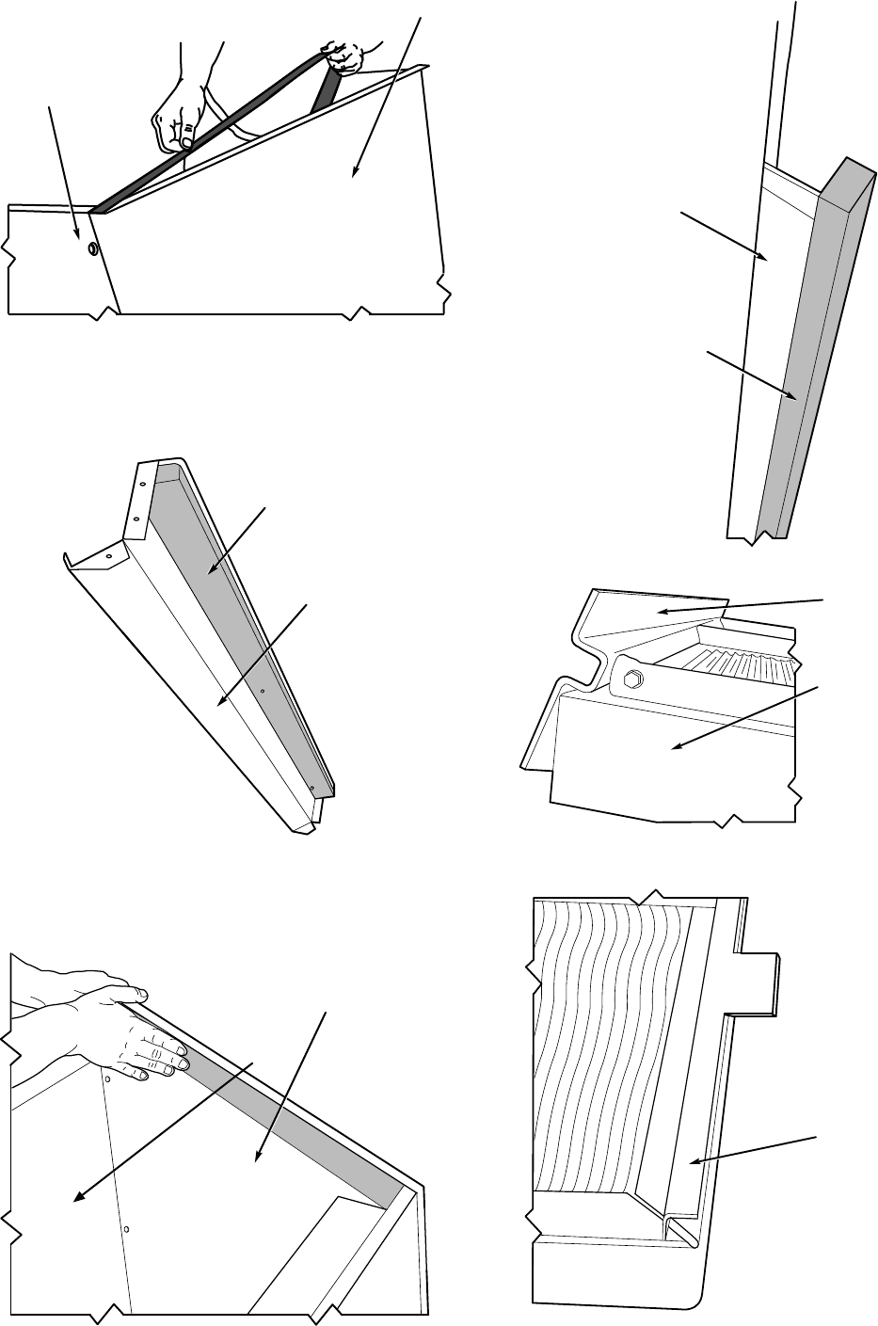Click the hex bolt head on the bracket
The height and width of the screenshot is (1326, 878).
point(631,678)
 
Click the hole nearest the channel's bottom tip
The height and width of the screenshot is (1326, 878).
point(311,787)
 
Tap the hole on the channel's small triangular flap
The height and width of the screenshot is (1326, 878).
point(108,556)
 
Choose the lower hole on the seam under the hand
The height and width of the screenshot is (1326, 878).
point(126,1229)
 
